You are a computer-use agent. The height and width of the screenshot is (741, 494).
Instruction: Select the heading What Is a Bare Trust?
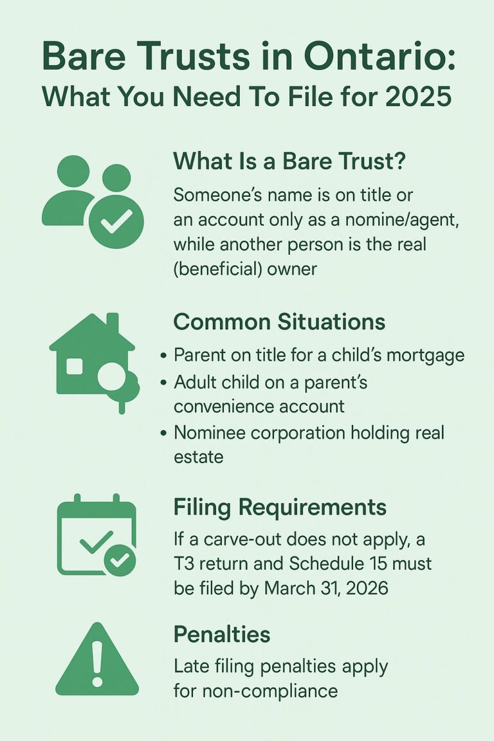(x=289, y=161)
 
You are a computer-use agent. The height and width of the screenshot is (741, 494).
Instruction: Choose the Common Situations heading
(x=279, y=322)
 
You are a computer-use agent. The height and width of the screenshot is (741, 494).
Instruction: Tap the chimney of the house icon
(x=113, y=322)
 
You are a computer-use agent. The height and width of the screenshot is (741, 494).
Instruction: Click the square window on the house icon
(x=75, y=367)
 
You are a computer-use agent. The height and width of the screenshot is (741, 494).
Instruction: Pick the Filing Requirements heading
(x=280, y=508)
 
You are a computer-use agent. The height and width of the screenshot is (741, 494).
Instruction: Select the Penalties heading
(x=222, y=635)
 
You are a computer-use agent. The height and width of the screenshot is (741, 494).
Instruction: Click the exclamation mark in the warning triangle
(x=97, y=663)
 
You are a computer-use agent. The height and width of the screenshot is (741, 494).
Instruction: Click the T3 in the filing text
(x=185, y=563)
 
